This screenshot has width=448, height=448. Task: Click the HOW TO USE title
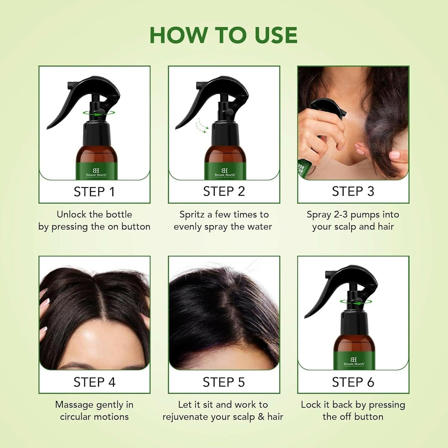coord(223,35)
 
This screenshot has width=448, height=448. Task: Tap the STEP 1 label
coord(94,192)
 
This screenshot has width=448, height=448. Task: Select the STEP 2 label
coord(224,191)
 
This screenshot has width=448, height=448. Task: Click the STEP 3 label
coord(353,191)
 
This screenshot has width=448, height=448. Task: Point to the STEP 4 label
coord(94,382)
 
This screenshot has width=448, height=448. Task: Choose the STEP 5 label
coord(224,382)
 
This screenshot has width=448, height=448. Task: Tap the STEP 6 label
coord(353,382)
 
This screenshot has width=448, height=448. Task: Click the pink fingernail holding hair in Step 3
coord(395,154)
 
